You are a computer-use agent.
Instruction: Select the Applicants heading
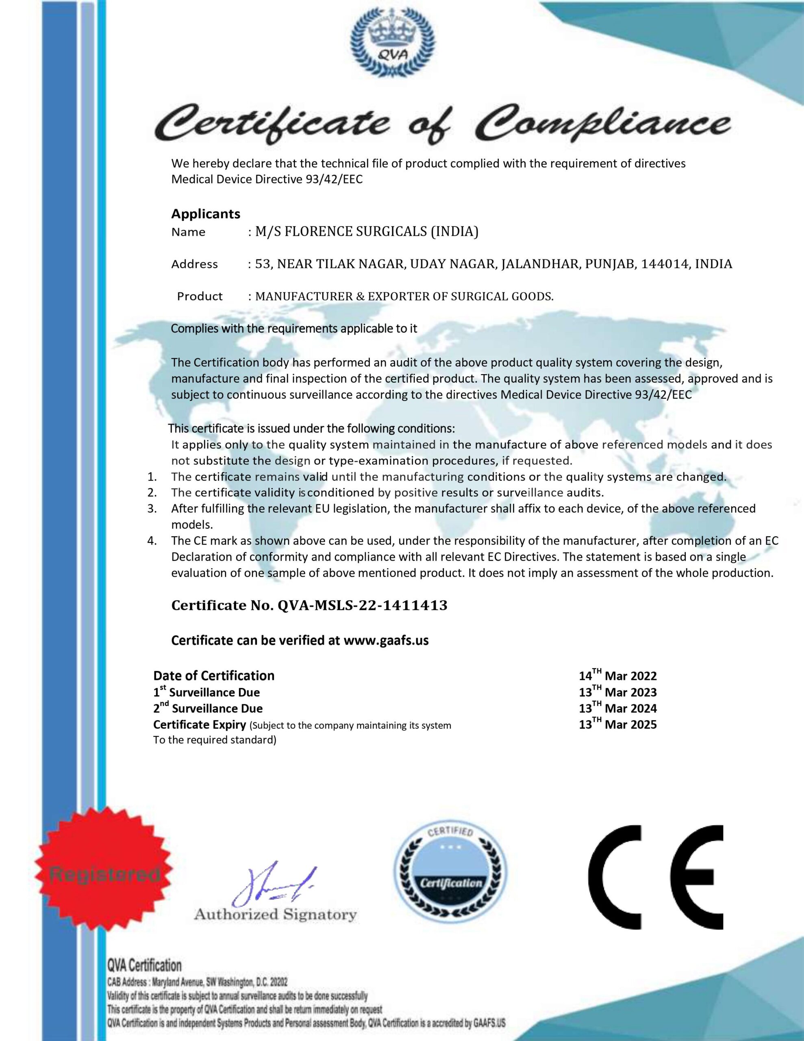(205, 213)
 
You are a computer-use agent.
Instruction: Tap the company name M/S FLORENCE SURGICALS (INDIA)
(367, 232)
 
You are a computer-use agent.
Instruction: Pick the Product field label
(200, 296)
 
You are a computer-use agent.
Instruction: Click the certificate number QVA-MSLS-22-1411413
(362, 605)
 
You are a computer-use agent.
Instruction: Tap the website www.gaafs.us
(386, 640)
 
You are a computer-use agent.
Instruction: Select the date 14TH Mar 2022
(618, 675)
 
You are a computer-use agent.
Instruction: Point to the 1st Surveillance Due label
(206, 692)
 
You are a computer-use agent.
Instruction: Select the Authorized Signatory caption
(275, 923)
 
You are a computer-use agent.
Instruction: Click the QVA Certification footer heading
(144, 966)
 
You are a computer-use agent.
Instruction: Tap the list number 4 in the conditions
(152, 541)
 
